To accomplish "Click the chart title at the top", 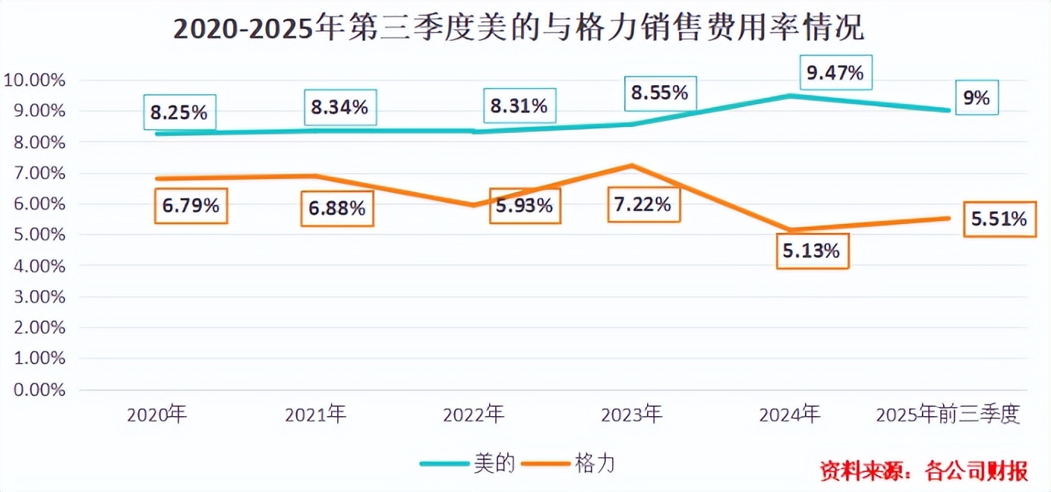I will pyautogui.click(x=519, y=30).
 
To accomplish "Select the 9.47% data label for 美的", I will pyautogui.click(x=835, y=73).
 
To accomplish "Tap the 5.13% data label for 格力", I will pyautogui.click(x=812, y=251).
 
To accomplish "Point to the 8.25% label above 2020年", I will pyautogui.click(x=178, y=112).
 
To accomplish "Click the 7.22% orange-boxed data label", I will pyautogui.click(x=643, y=203).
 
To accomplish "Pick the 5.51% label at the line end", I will pyautogui.click(x=999, y=219).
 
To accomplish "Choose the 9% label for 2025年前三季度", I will pyautogui.click(x=976, y=98).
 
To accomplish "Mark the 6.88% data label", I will pyautogui.click(x=336, y=207).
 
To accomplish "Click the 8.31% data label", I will pyautogui.click(x=519, y=106).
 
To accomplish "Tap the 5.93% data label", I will pyautogui.click(x=524, y=205).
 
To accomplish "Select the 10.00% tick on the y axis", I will pyautogui.click(x=35, y=80).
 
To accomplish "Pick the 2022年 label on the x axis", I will pyautogui.click(x=473, y=415).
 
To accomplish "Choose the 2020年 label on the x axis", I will pyautogui.click(x=157, y=415).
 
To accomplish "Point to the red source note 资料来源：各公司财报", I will pyautogui.click(x=923, y=471).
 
